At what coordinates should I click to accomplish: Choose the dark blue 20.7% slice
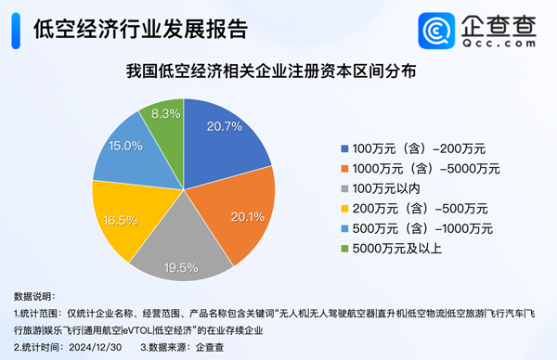click(223, 139)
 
